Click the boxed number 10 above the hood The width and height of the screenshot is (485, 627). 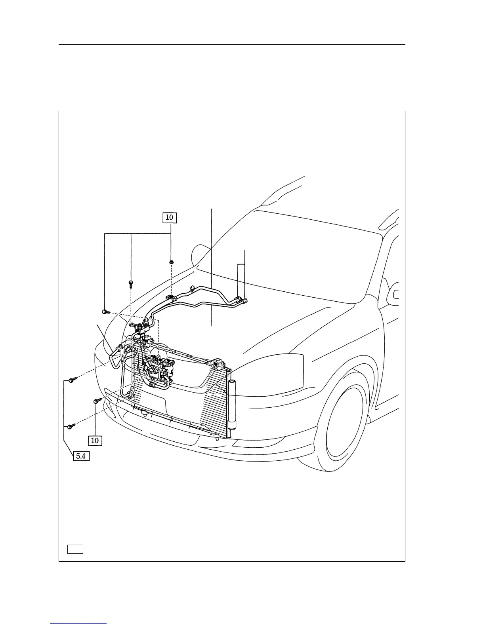pos(169,217)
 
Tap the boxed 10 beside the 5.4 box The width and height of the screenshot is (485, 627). pos(95,440)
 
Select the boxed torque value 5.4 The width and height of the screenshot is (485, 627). pos(80,456)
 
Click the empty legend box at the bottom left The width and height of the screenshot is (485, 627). pos(75,549)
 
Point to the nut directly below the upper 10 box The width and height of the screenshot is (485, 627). pos(171,262)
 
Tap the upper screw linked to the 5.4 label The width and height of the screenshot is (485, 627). pos(71,380)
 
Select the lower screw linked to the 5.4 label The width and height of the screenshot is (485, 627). pos(71,426)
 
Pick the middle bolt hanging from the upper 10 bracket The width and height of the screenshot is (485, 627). pos(131,283)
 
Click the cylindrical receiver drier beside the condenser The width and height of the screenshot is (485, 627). pos(232,405)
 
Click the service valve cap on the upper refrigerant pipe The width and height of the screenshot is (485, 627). pos(192,288)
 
